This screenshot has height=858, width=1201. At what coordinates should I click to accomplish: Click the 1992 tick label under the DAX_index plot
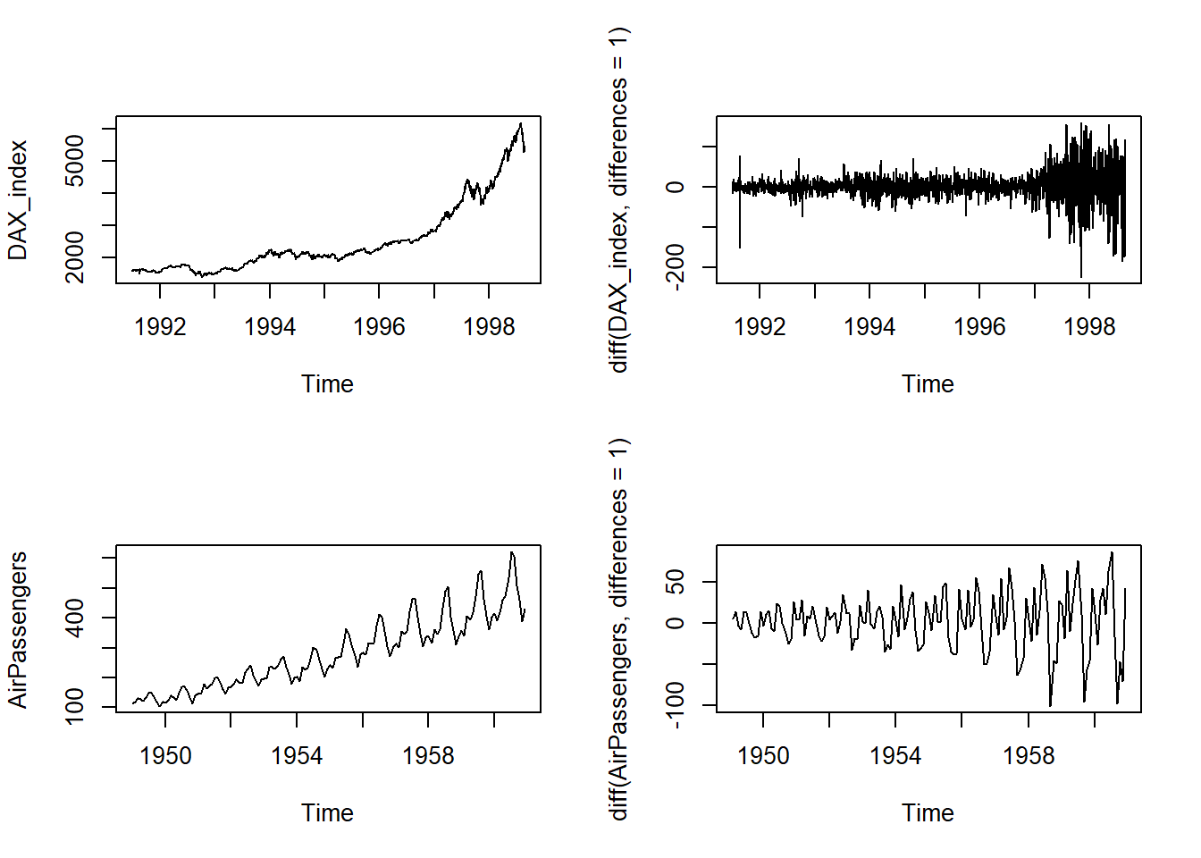coord(160,327)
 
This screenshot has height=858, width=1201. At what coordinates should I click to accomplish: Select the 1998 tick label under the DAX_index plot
coord(489,327)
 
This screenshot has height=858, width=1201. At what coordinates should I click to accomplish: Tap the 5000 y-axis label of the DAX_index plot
coord(75,161)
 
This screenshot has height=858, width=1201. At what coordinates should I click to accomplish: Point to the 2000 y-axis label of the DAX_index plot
coord(75,257)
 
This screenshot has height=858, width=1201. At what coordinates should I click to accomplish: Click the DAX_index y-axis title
coord(18,200)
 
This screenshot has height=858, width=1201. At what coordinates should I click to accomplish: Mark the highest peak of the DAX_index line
coord(520,123)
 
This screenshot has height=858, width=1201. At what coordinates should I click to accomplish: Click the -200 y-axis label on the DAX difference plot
coord(676,266)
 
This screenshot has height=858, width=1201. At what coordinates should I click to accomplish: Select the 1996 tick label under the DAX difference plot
coord(979,327)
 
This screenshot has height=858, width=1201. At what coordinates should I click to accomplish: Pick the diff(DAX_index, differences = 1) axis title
coord(618,200)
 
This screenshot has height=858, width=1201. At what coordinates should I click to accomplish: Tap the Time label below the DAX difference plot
coord(928,384)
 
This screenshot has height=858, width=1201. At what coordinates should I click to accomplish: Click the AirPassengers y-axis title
coord(18,629)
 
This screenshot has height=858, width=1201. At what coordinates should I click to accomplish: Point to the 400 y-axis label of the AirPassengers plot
coord(75,618)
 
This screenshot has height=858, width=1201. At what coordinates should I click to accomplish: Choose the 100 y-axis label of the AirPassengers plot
coord(75,706)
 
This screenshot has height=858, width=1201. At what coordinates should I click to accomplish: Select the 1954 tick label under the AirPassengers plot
coord(297,756)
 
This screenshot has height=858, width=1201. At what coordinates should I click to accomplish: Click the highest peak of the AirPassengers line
coord(511,552)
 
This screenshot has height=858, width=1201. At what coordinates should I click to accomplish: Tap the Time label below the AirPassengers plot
coord(327,813)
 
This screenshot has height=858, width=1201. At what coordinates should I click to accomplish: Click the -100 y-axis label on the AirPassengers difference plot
coord(676,705)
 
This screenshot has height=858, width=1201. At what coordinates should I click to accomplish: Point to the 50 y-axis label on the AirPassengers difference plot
coord(676,582)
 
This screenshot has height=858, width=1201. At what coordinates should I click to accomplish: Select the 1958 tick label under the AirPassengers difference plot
coord(1029,756)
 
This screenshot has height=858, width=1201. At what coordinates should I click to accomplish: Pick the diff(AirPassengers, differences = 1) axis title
coord(618,629)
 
